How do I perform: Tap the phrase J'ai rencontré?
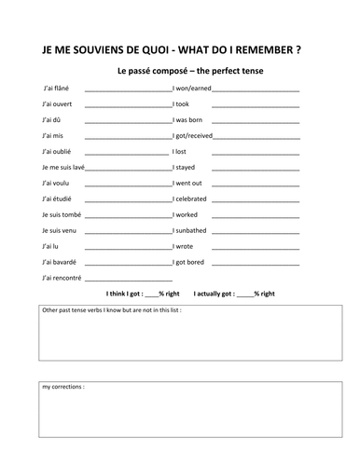[x=62, y=278]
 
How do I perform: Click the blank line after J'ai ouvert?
[x=127, y=106]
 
